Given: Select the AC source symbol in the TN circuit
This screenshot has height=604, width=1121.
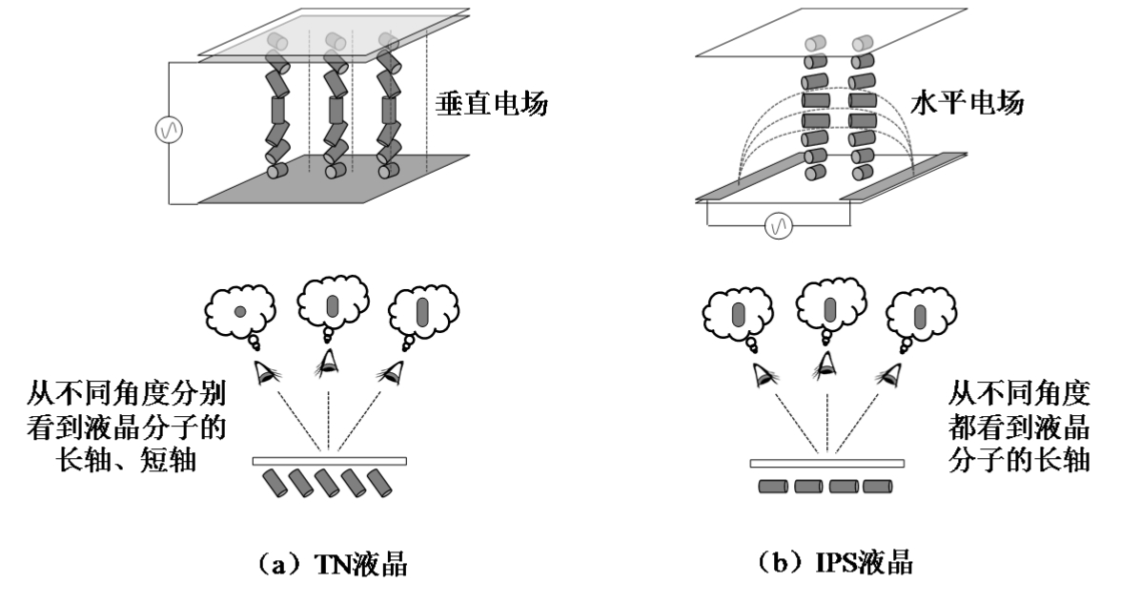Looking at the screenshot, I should (169, 130).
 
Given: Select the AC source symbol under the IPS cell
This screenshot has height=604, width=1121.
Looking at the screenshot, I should (778, 226).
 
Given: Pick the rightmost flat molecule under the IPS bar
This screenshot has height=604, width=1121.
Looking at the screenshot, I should (876, 488).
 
